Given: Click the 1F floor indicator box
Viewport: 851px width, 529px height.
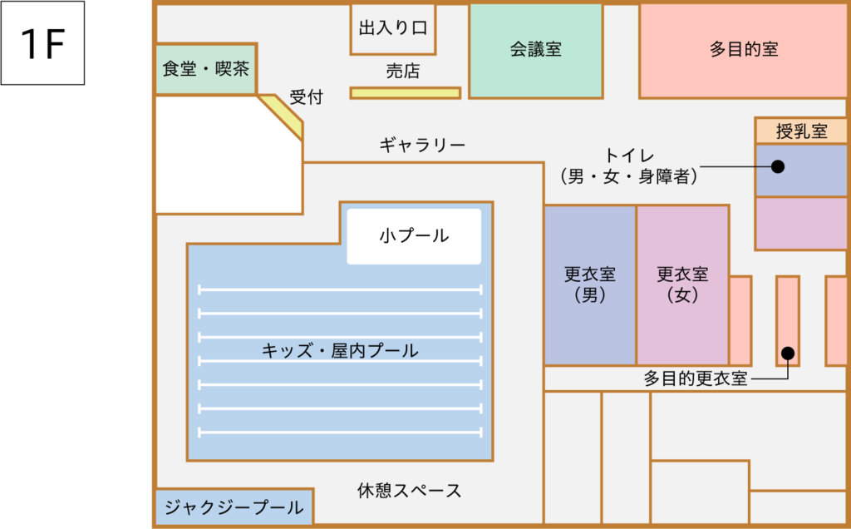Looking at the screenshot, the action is click(x=42, y=43).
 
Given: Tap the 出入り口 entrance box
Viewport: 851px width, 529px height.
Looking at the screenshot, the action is click(x=393, y=29).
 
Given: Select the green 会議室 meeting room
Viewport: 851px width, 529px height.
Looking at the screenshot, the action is click(x=536, y=51).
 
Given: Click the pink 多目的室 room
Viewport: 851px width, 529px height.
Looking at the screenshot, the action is click(x=743, y=51).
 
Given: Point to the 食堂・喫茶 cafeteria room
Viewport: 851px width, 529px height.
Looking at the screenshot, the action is click(x=206, y=69).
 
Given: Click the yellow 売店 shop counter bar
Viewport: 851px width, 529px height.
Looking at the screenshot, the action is click(x=406, y=93).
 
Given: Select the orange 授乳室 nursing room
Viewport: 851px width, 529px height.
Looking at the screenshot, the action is click(x=801, y=131).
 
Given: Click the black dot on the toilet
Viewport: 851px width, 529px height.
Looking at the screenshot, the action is click(x=778, y=166).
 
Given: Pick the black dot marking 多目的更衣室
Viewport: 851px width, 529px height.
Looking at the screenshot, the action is click(x=788, y=353).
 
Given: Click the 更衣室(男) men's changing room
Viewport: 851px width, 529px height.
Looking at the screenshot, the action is click(x=590, y=285).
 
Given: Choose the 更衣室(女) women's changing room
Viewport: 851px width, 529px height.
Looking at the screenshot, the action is click(x=683, y=285).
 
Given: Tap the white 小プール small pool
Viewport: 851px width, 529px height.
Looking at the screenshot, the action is click(x=414, y=236).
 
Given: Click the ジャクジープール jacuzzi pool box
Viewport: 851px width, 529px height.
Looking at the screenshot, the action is click(x=234, y=507).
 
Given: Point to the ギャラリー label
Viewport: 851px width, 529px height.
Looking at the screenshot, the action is click(x=422, y=145).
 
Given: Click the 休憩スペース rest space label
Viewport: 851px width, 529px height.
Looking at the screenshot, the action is click(x=409, y=491).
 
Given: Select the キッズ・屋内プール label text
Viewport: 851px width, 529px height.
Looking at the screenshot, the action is click(x=340, y=350).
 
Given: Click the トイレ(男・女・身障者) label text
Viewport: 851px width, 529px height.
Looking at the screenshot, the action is click(x=629, y=166).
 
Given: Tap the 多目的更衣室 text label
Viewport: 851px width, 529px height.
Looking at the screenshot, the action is click(x=696, y=378).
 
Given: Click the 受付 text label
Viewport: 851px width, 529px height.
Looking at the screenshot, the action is click(x=306, y=97).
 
